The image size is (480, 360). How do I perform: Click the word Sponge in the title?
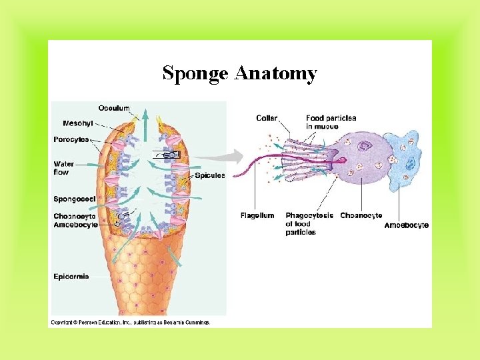coord(196,73)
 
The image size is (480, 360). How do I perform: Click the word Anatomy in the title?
coord(275,73)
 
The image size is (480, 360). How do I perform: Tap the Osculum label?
coord(113,108)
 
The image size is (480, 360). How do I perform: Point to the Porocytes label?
coord(71,139)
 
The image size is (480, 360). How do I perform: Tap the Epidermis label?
coord(71,277)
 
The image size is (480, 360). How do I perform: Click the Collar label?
coord(267,118)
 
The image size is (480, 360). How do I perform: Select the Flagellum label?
coord(257,215)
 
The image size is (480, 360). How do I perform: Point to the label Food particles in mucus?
coord(331,122)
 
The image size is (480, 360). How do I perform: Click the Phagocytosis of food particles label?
coord(309,224)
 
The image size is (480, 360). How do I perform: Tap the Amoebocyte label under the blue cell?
coord(406,225)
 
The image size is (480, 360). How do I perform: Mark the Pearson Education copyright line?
coord(130,322)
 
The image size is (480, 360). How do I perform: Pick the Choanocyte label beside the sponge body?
coord(75,216)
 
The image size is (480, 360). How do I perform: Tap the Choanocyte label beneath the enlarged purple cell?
coord(361,215)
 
